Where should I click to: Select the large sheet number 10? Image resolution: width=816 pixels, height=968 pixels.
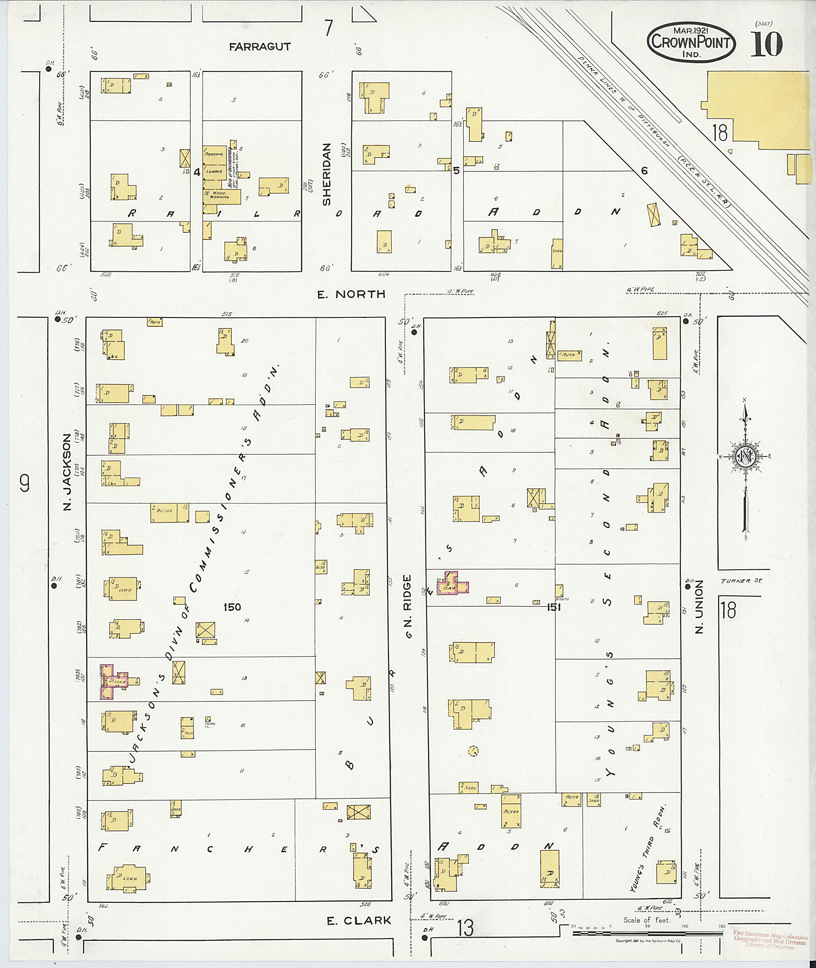[766, 44]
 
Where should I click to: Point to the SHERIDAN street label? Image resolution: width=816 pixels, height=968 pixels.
[327, 175]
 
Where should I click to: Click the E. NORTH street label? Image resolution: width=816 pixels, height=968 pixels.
[351, 294]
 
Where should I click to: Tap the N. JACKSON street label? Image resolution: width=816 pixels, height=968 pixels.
[68, 471]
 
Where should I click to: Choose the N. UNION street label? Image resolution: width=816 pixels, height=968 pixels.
[699, 606]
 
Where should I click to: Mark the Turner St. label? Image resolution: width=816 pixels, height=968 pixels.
[741, 581]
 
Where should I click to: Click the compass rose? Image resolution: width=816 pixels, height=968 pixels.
[745, 457]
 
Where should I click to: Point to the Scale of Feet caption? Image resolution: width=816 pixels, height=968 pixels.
[646, 920]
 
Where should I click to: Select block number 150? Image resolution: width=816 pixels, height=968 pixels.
[232, 607]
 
